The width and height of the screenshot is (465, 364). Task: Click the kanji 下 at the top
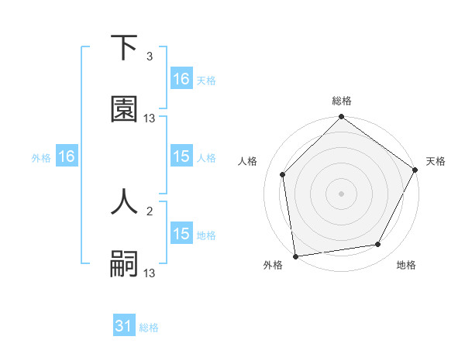(124, 48)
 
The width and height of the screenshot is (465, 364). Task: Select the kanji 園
(124, 109)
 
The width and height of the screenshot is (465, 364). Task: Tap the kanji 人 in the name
(124, 201)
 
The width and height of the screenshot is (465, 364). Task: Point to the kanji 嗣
(124, 263)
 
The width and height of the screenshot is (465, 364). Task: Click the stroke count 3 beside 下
(150, 57)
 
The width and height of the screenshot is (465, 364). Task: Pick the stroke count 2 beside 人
(150, 210)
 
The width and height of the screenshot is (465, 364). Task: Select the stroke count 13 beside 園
(150, 118)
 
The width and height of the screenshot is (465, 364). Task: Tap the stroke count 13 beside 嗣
(150, 273)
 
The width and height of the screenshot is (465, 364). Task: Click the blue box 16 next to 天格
(181, 79)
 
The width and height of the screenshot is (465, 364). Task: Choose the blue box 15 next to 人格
(181, 156)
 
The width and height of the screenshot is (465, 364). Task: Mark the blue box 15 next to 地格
(181, 234)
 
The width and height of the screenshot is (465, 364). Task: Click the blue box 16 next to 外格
(67, 156)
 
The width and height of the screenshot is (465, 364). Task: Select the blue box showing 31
(124, 326)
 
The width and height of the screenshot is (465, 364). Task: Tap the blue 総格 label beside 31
(149, 328)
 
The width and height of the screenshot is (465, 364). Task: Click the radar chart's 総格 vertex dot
(341, 118)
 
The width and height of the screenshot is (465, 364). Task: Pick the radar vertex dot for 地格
(378, 244)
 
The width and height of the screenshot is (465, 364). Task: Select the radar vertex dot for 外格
(295, 256)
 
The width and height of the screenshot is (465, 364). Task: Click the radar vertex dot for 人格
(283, 174)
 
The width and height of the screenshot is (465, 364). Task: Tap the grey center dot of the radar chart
(341, 193)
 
